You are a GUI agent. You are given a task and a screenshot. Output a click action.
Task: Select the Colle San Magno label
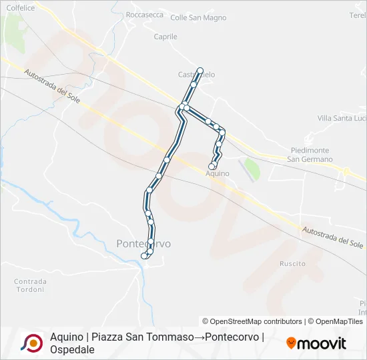[190, 18]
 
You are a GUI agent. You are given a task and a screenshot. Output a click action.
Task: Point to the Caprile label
[165, 37]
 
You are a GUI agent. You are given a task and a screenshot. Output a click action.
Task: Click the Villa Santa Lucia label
[342, 118]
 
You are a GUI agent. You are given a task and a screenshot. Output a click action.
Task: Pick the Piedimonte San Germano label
[310, 155]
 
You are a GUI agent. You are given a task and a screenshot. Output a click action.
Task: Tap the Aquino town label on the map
[218, 173]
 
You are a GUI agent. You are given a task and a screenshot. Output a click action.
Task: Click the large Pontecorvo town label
[143, 244]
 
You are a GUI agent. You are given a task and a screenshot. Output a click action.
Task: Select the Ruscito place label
[293, 264]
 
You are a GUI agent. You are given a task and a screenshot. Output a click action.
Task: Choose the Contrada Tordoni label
[31, 285]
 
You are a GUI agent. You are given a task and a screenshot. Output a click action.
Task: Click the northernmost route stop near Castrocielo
[200, 70]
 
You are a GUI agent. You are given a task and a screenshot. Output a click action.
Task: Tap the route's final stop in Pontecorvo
[143, 255]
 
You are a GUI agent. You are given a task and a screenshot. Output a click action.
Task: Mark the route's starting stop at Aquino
[212, 166]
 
